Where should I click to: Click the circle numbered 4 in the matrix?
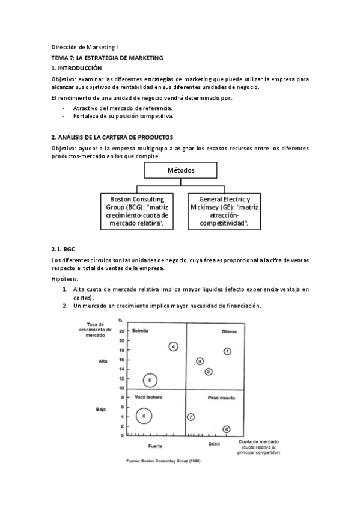173,346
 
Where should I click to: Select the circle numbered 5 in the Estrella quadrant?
150,380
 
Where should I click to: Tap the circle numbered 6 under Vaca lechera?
144,415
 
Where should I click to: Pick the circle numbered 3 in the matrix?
200,361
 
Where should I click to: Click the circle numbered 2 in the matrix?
209,372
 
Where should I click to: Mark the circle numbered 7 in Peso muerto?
191,417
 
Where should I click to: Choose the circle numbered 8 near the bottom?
226,429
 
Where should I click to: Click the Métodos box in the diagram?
180,170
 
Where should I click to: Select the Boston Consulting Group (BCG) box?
135,210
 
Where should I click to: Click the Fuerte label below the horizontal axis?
154,446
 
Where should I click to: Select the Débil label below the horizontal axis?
215,444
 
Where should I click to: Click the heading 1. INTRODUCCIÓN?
77,69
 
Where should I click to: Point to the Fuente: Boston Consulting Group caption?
163,462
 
